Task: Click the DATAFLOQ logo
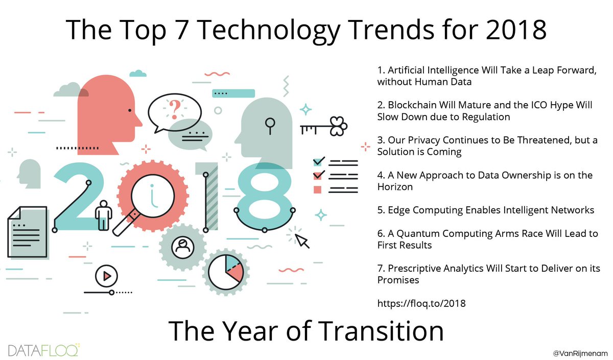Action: click(x=43, y=350)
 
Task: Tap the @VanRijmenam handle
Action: click(x=579, y=353)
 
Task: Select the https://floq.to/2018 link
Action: click(x=421, y=303)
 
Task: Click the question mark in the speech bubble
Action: click(x=175, y=108)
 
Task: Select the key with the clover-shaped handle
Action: click(x=324, y=126)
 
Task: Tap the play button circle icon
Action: click(x=106, y=276)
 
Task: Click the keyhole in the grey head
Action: click(x=270, y=125)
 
